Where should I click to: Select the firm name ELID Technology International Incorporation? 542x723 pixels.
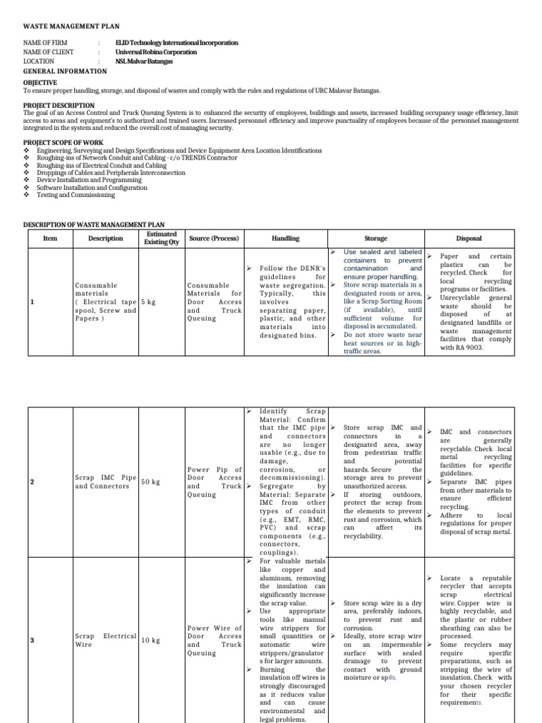pyautogui.click(x=181, y=43)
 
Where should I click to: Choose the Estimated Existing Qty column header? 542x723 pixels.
pyautogui.click(x=162, y=238)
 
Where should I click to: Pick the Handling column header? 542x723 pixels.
pyautogui.click(x=285, y=239)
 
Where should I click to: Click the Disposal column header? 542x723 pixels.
pyautogui.click(x=469, y=239)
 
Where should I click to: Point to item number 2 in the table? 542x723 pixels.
pyautogui.click(x=31, y=482)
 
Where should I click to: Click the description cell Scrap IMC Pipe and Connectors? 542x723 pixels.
pyautogui.click(x=105, y=482)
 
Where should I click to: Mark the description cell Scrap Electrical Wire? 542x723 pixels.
pyautogui.click(x=105, y=640)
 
